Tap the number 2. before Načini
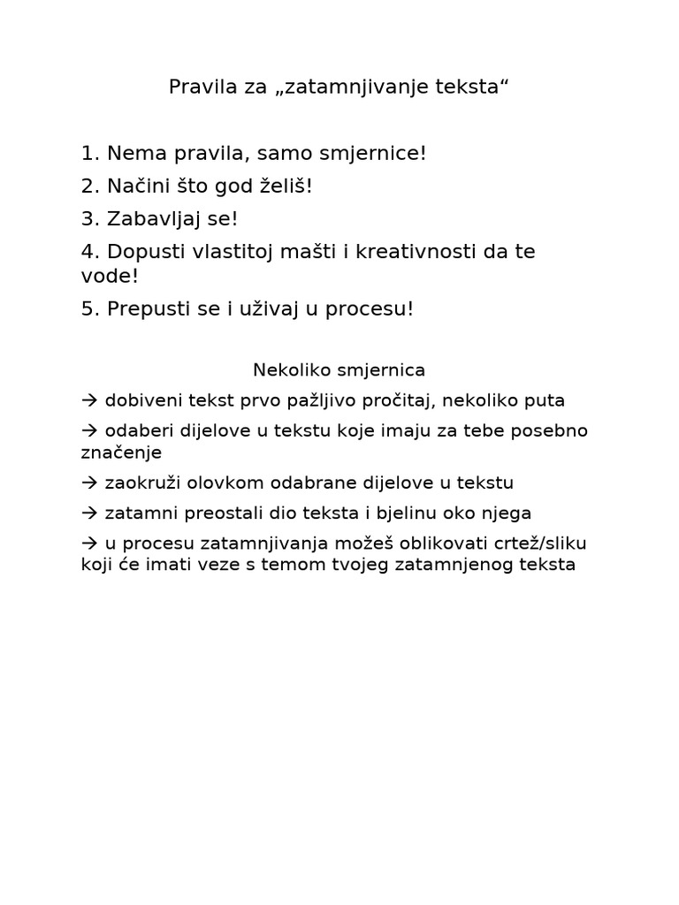pos(90,187)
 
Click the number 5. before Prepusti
pos(90,309)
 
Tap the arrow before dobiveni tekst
pos(89,400)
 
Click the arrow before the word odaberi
pos(89,431)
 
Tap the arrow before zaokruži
pos(89,483)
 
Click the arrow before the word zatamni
pos(89,513)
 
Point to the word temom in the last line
pos(306,565)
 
